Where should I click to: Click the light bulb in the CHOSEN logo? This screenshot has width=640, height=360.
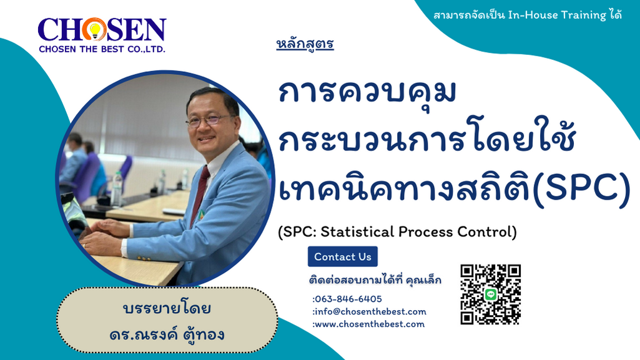coord(95,30)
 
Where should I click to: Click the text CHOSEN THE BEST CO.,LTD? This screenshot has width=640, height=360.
coord(102,49)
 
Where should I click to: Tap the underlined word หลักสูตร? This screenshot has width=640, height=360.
coord(305,44)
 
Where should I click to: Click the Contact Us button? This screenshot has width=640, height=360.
coord(342,256)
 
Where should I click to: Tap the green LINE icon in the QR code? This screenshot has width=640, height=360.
coord(491,294)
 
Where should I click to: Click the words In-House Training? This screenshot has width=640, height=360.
coord(557,15)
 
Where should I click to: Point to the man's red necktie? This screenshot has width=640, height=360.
coord(200,193)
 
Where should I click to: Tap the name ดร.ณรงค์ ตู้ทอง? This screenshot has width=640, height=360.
coord(167,334)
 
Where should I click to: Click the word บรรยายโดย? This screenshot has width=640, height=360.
coord(167,308)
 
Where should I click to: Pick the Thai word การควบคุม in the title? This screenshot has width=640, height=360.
coord(367,92)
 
